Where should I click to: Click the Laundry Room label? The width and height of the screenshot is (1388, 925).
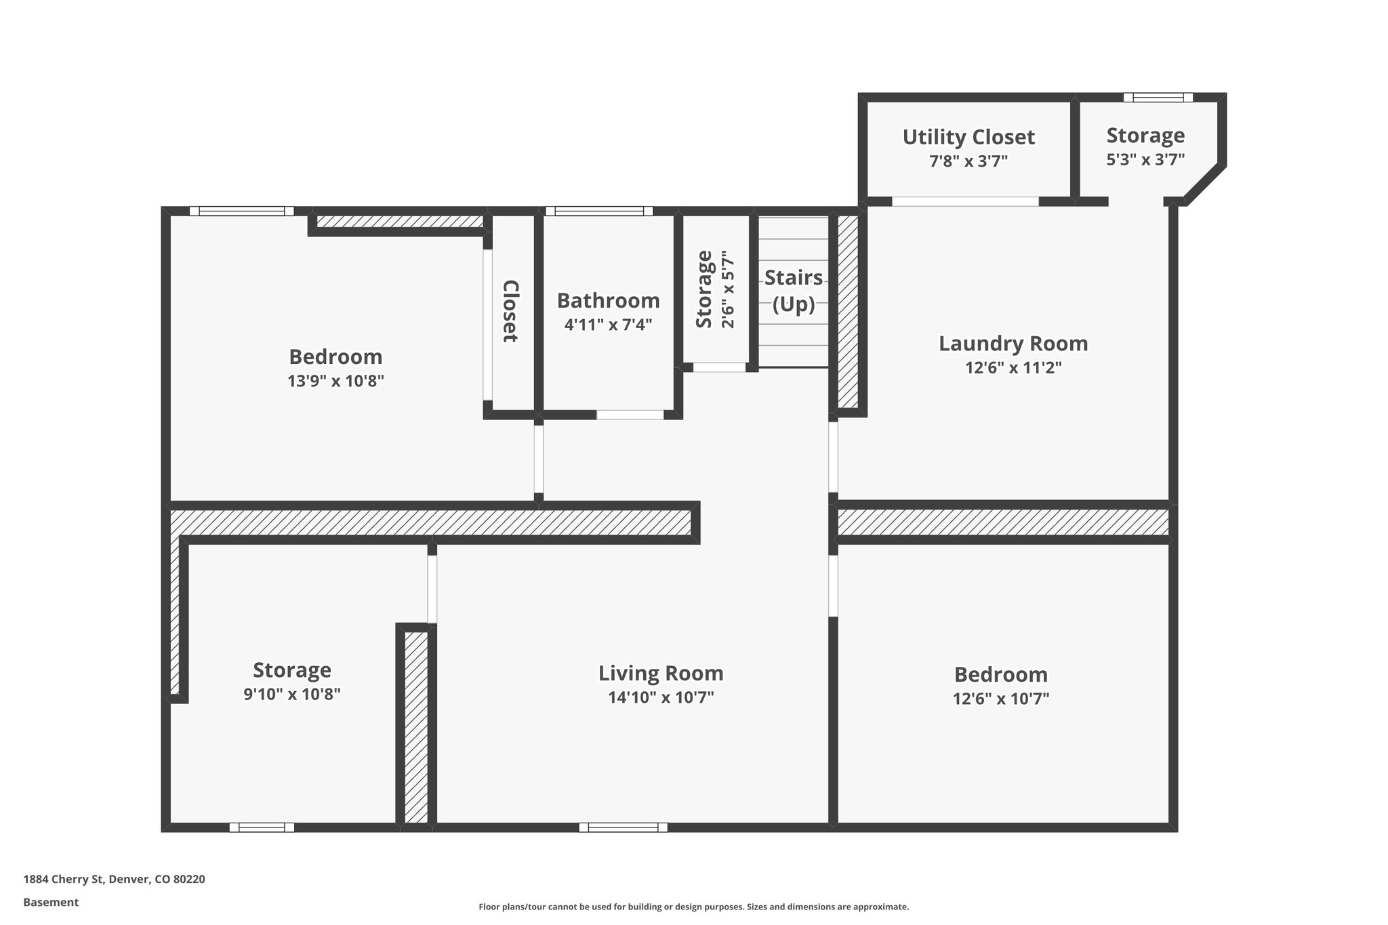[1013, 344]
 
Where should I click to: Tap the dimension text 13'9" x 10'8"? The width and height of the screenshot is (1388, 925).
[335, 381]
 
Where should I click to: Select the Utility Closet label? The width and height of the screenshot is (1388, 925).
[968, 137]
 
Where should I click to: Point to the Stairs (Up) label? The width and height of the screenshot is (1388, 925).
[794, 291]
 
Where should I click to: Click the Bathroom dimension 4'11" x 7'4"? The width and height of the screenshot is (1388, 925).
[608, 325]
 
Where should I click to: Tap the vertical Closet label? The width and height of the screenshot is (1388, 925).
[511, 311]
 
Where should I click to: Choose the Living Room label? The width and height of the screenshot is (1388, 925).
[661, 673]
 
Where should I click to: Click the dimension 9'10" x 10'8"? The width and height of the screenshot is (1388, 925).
[291, 695]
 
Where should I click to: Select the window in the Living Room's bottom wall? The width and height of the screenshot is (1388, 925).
[623, 827]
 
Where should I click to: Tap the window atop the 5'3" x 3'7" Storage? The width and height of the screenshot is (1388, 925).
[1158, 98]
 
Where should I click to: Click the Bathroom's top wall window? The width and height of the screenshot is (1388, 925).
[599, 211]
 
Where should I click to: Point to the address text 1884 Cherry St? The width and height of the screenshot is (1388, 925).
[114, 880]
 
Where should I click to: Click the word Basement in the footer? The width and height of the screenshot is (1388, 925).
[51, 902]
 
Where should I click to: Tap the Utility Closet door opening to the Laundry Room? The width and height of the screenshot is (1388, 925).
[964, 201]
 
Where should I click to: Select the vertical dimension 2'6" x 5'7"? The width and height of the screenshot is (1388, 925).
[728, 289]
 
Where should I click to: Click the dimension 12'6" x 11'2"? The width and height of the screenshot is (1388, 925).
[1013, 368]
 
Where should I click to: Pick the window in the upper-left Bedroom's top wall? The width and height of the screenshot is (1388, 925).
[241, 211]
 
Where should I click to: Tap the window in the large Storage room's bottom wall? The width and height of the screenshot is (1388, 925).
[262, 827]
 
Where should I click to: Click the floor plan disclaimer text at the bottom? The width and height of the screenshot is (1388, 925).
[693, 907]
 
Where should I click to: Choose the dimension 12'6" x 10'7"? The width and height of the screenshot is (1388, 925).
[1000, 699]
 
